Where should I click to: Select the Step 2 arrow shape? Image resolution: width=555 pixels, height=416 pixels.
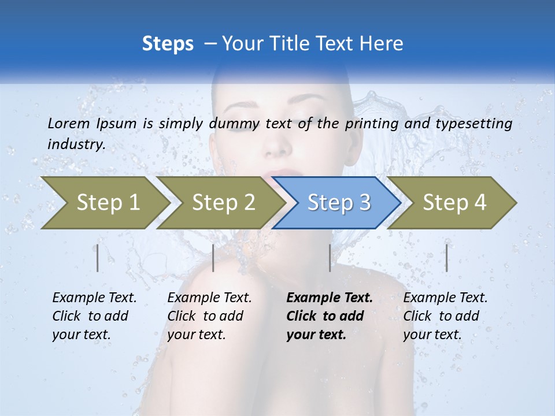tap(223, 203)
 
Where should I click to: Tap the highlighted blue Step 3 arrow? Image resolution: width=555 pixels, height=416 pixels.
tap(339, 203)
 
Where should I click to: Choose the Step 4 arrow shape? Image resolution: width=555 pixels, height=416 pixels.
tap(454, 203)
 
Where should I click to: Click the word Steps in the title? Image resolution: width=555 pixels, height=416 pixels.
tap(168, 44)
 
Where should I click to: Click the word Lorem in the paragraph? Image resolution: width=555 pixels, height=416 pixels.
tap(68, 124)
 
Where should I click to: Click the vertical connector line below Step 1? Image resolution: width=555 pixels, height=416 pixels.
tap(98, 258)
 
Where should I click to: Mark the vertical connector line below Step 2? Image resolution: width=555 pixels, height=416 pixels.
tap(213, 258)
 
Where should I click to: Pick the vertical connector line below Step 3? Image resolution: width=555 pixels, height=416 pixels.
tap(330, 258)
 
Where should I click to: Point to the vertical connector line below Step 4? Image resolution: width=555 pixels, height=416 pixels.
tap(446, 258)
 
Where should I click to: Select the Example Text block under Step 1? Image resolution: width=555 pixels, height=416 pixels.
tap(94, 316)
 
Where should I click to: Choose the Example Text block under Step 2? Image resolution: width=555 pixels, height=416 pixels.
tap(209, 316)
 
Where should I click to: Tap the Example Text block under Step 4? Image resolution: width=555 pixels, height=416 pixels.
tap(445, 316)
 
